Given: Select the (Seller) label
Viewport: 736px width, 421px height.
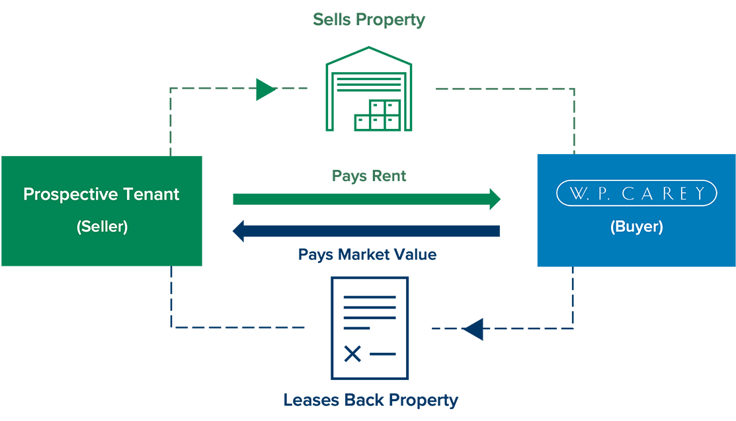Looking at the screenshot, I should [x=102, y=227].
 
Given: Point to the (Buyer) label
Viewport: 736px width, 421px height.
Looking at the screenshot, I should [x=635, y=227].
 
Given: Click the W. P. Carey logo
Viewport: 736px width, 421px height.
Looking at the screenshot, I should [x=635, y=194].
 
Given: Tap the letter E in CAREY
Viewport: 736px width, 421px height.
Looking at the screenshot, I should [x=686, y=194].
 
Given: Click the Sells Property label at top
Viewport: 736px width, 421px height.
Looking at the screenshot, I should [x=368, y=20].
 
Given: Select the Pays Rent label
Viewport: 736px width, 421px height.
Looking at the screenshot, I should [x=368, y=176].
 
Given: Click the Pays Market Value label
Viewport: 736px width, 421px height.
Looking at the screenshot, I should [x=368, y=252].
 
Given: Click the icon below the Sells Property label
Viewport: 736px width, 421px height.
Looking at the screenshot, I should [x=368, y=86].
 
